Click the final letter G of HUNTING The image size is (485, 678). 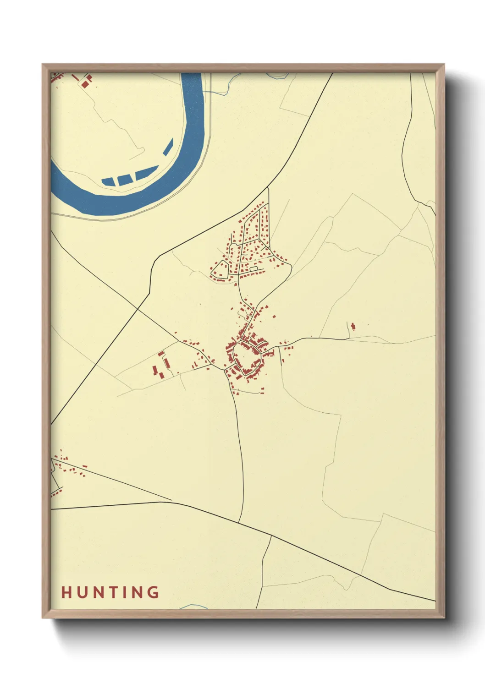[x=154, y=592]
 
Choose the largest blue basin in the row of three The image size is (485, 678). [x=146, y=173]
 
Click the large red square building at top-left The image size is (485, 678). [x=85, y=84]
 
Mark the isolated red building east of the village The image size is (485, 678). [x=353, y=326]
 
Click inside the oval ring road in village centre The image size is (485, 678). [x=247, y=357]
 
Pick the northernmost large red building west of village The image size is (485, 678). [x=161, y=354]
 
